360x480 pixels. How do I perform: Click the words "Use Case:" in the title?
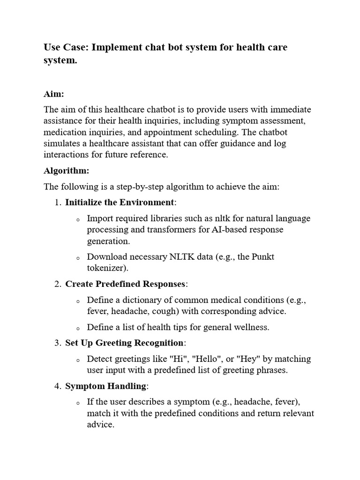tap(66, 47)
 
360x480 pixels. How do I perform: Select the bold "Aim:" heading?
tap(53, 94)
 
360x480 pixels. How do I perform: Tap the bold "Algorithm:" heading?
tap(66, 171)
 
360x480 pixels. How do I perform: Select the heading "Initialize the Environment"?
tap(119, 202)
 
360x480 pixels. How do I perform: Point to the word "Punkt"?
tap(263, 257)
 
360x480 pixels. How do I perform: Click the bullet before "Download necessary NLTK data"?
tap(78, 257)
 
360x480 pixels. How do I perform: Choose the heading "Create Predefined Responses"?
tap(125, 284)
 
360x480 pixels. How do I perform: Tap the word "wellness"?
tap(253, 327)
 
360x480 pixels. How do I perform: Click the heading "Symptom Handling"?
tap(106, 386)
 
